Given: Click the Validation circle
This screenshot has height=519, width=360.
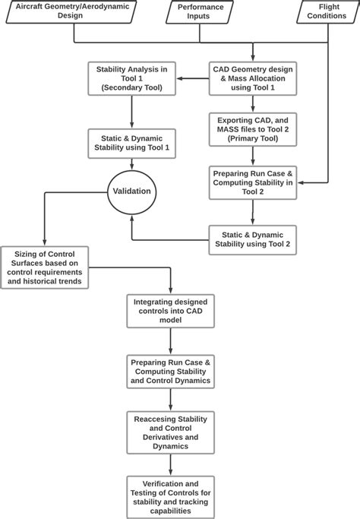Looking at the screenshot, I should (131, 191).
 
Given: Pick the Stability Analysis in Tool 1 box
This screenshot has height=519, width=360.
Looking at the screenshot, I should (132, 78).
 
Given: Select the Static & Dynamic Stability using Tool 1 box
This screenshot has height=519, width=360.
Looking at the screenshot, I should (132, 141).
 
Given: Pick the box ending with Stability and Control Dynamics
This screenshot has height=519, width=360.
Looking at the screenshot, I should (170, 370).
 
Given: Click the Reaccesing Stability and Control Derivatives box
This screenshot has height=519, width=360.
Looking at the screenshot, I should (170, 432).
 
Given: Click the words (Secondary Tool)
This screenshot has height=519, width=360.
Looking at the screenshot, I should (132, 88).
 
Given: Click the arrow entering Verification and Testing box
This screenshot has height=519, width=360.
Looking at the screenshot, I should (170, 465).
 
